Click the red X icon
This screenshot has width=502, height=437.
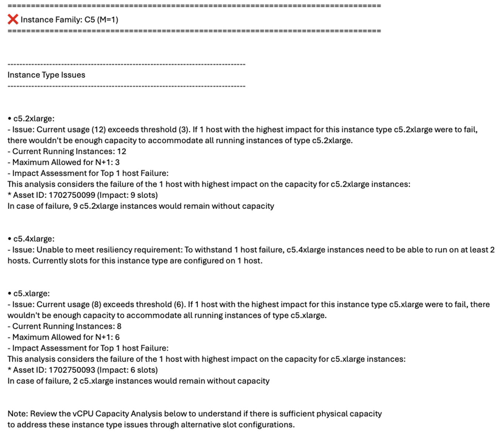point(13,19)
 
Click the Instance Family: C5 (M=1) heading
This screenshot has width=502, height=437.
point(69,20)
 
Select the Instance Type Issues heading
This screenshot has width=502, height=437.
point(46,75)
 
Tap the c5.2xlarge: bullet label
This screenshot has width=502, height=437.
point(34,118)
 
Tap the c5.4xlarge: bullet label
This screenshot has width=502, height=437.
point(34,239)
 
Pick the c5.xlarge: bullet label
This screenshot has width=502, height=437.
point(31,293)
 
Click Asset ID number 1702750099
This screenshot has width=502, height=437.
point(72,195)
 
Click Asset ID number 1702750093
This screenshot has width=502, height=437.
point(72,370)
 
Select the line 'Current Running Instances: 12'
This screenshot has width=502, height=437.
point(69,151)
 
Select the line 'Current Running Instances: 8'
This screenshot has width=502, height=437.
point(66,326)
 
